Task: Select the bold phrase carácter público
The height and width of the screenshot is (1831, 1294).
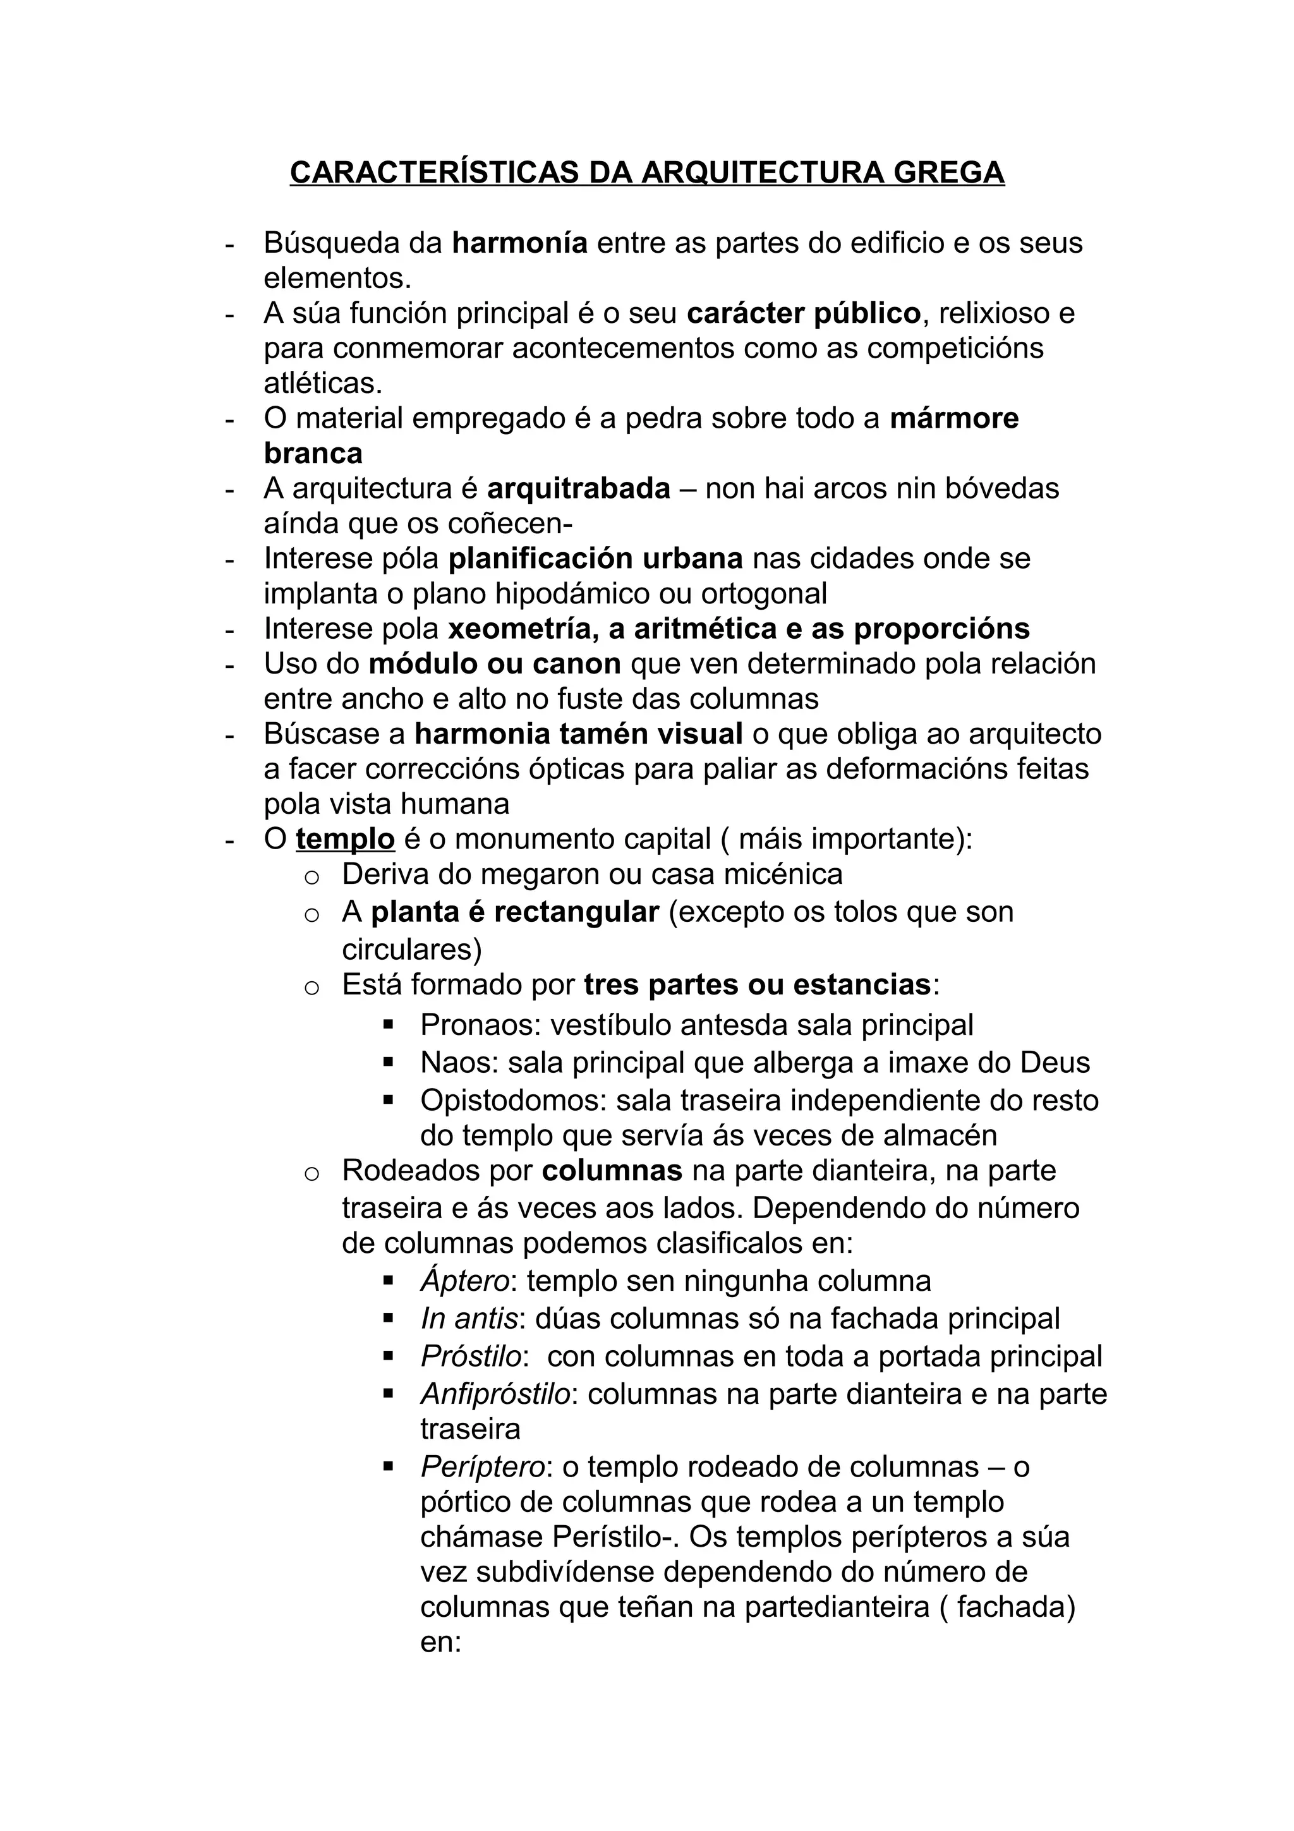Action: [803, 313]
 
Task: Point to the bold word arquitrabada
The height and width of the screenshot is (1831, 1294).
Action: [578, 488]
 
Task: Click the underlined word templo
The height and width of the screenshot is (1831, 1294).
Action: [344, 839]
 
